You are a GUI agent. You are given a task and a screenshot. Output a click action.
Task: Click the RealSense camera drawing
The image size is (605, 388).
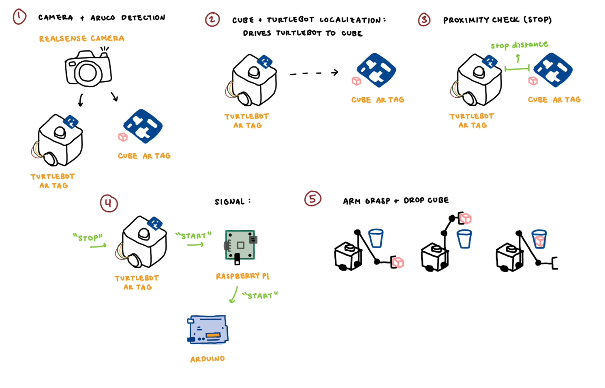click(88, 68)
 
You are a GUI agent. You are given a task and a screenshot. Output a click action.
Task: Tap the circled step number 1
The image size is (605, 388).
click(19, 17)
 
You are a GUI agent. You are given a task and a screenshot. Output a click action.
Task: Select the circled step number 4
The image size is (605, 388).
click(109, 203)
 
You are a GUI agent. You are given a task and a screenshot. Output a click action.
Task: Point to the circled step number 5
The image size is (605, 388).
click(312, 199)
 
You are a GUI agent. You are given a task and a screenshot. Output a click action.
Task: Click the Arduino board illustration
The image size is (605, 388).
click(208, 330)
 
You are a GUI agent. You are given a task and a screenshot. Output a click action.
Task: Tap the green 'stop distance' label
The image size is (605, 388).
click(519, 45)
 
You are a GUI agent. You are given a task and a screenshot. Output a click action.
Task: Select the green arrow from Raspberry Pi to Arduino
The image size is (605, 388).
click(234, 295)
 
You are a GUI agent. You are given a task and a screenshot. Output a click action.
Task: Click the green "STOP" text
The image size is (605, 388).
click(88, 237)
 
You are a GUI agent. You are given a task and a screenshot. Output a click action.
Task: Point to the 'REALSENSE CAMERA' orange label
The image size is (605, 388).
click(81, 39)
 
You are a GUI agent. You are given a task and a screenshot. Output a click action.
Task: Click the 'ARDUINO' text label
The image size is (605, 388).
click(207, 359)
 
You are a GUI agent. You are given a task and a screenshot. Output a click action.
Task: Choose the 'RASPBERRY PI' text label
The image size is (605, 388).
click(242, 276)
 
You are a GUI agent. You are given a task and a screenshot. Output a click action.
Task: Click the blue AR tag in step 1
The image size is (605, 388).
click(143, 126)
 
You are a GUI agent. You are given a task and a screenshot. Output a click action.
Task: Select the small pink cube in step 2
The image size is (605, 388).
click(356, 81)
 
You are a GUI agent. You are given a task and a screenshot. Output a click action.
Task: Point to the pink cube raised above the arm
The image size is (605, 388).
click(466, 219)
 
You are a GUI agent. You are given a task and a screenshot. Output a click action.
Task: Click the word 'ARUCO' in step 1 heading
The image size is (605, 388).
click(103, 18)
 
